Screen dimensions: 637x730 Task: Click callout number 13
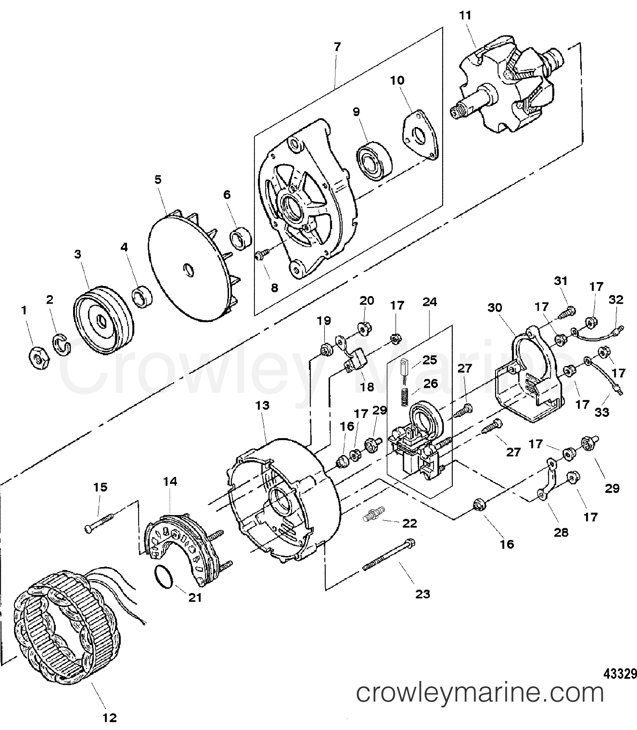click(x=262, y=405)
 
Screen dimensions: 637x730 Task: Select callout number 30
click(x=495, y=308)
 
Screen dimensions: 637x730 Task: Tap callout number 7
click(x=337, y=47)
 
